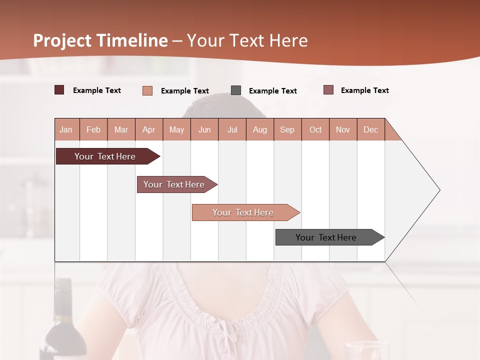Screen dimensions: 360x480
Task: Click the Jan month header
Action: (x=66, y=129)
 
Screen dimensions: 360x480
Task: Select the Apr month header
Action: (x=148, y=129)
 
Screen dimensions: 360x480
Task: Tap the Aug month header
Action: (x=259, y=129)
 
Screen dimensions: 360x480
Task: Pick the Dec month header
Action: (x=370, y=129)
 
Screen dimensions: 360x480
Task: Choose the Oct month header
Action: (x=315, y=129)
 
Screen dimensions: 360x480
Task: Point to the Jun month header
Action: (x=204, y=129)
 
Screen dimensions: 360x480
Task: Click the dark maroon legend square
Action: (x=59, y=90)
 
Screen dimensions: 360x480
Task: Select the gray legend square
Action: (x=236, y=90)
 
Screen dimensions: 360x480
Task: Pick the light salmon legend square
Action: (x=147, y=90)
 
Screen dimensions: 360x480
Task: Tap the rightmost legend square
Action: (x=328, y=90)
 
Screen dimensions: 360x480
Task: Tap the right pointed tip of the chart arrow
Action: (x=438, y=190)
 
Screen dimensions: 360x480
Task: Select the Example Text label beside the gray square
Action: (x=272, y=91)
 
